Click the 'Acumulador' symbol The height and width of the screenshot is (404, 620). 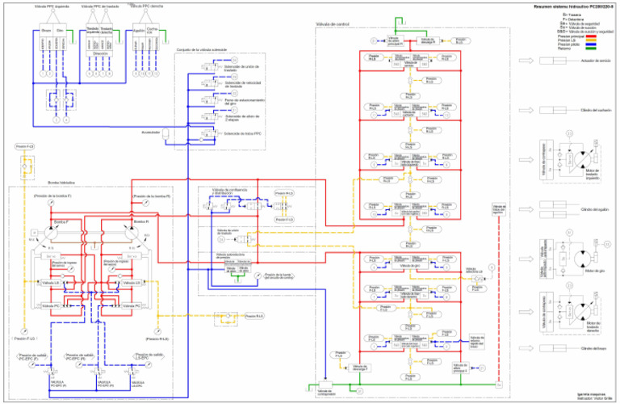tap(164, 132)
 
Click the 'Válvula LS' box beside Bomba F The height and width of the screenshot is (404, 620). tap(51, 284)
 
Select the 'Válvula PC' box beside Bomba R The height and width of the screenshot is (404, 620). tap(136, 305)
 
